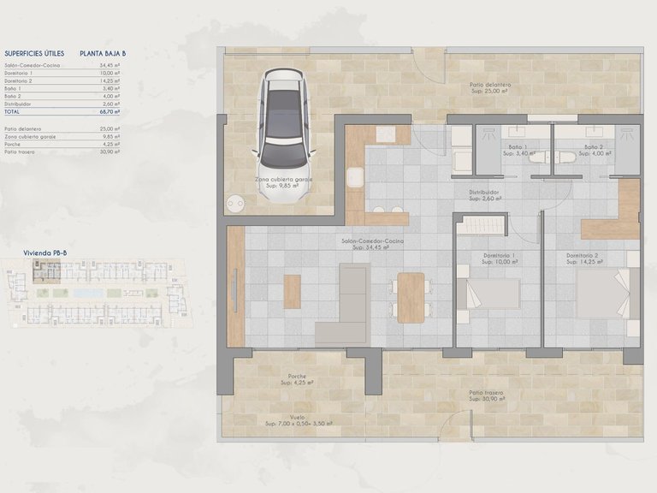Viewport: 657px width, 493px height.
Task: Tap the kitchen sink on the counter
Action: click(x=356, y=178)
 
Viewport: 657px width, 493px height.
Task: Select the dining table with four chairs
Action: click(x=411, y=296)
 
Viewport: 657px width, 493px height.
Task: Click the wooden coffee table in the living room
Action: click(x=293, y=291)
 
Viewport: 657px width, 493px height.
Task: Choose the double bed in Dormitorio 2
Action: click(x=607, y=294)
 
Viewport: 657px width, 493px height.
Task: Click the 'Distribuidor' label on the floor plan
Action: click(x=483, y=193)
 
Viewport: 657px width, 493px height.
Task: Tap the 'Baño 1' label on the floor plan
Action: click(x=518, y=147)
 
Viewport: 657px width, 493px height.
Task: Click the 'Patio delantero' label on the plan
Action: click(x=490, y=85)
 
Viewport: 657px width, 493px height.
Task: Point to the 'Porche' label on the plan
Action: click(x=297, y=377)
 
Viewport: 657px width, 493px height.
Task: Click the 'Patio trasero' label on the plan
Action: click(x=485, y=393)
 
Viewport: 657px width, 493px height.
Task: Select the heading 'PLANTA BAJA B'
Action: click(x=103, y=53)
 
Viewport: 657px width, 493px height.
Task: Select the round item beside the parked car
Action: click(x=237, y=204)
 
